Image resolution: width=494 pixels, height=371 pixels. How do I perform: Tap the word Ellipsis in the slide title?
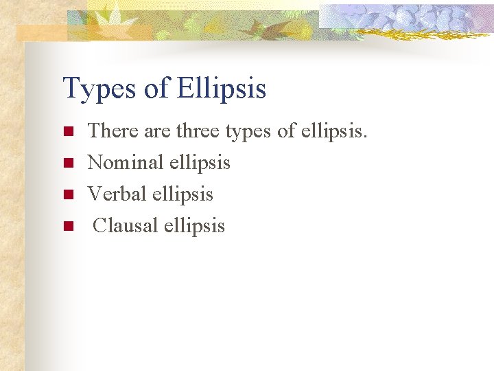(x=221, y=89)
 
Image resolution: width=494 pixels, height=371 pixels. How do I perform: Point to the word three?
(x=200, y=131)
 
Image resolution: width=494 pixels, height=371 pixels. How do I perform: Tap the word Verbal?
(x=117, y=194)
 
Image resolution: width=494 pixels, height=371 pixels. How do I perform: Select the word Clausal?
(x=125, y=225)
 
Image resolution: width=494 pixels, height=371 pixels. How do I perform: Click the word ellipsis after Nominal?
(x=200, y=163)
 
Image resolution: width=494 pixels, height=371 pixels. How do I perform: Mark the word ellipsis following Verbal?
(x=183, y=194)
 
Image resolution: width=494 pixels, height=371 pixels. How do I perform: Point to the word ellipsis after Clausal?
(x=194, y=226)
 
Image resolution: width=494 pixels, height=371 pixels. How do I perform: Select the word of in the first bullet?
(x=287, y=131)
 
